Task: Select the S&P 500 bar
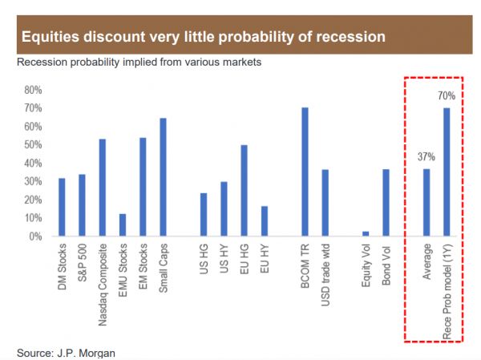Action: tap(82, 205)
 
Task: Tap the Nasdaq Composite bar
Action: tap(102, 188)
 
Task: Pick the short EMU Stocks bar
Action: tap(123, 225)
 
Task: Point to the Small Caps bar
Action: tap(163, 177)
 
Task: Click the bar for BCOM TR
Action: tap(305, 172)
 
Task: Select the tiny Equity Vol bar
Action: tap(366, 233)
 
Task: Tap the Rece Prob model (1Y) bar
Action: tap(447, 172)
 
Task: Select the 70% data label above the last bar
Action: tap(447, 97)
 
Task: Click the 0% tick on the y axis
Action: tap(35, 237)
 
